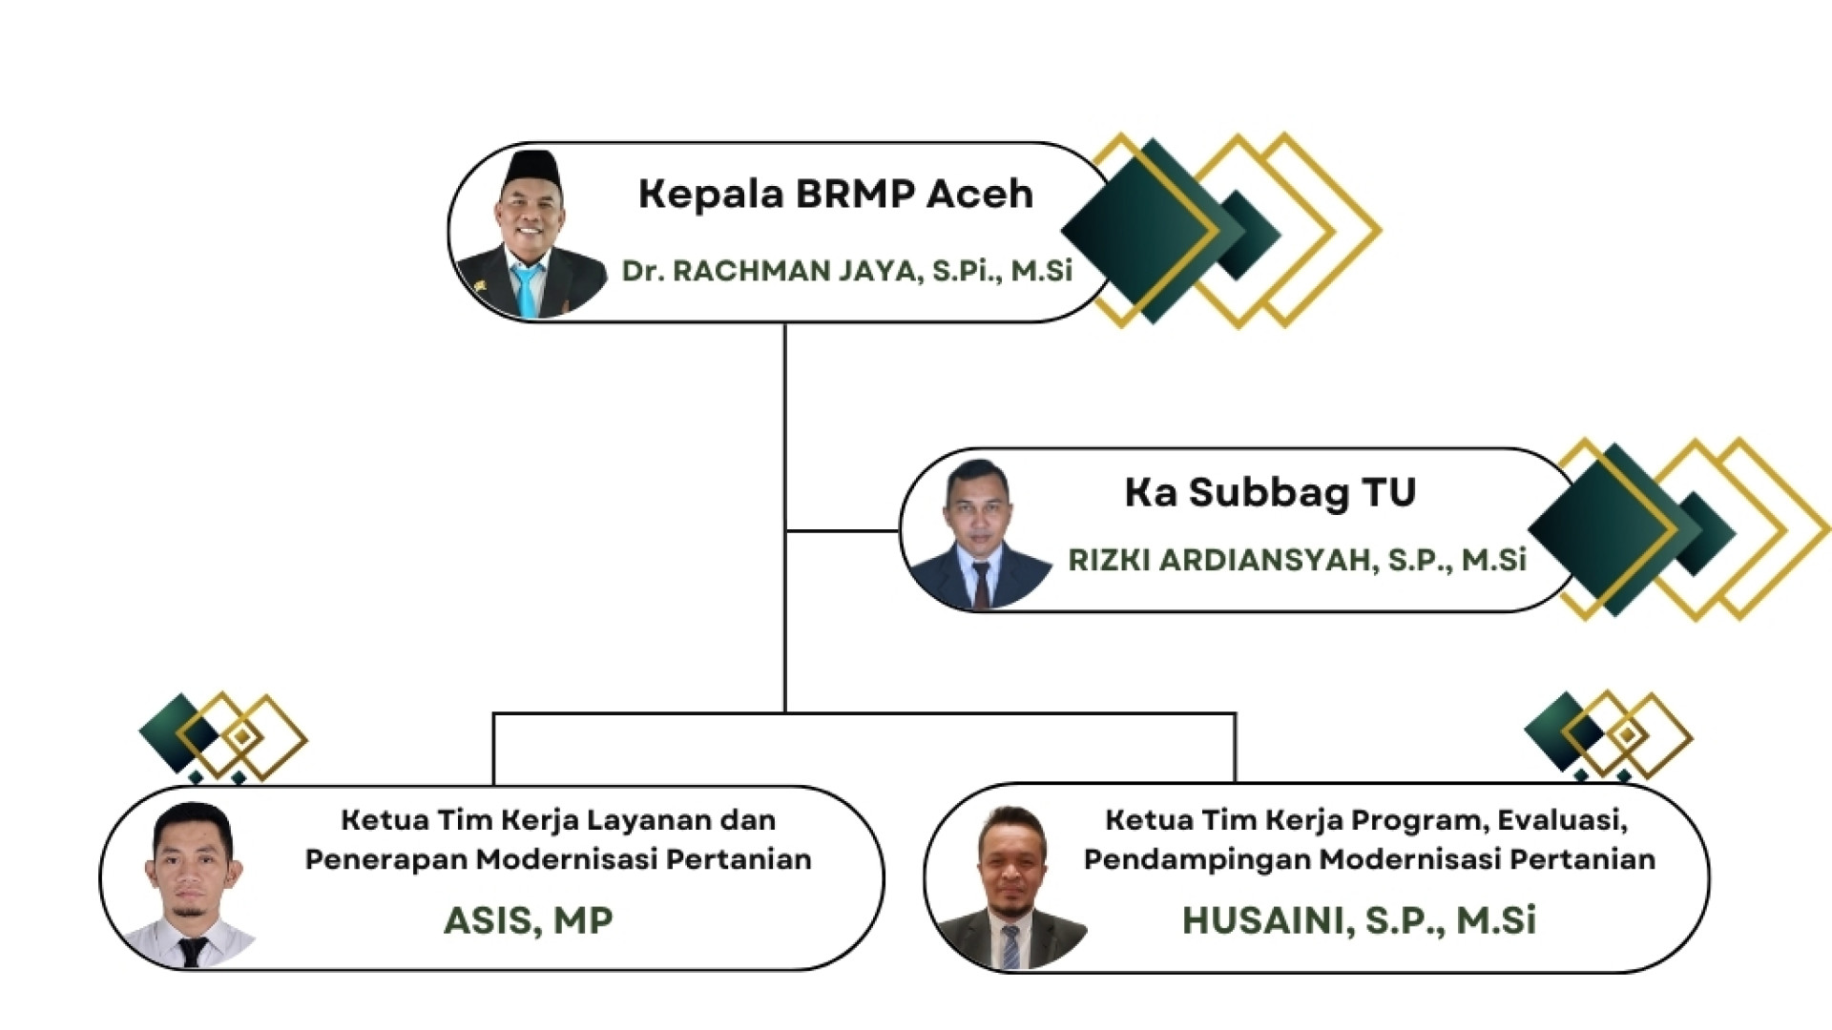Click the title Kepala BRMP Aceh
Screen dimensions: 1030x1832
point(835,194)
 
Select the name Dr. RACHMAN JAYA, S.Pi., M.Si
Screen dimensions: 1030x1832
point(846,271)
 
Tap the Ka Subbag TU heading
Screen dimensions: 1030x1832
point(1270,492)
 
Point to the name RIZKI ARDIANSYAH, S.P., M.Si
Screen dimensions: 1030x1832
point(1297,560)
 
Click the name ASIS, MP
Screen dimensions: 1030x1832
point(528,920)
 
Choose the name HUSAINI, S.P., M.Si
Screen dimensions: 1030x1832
point(1359,920)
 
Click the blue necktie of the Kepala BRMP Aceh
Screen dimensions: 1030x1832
point(526,289)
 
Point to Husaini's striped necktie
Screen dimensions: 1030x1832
point(1010,945)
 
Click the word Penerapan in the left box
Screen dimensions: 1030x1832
point(385,859)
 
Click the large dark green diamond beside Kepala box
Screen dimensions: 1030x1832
point(1140,230)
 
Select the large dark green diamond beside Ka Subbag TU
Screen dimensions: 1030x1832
point(1603,529)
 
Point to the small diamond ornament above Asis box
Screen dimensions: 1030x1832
point(221,735)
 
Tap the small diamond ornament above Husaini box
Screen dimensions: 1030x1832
point(1607,733)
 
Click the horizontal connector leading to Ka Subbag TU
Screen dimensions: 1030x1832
point(843,530)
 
